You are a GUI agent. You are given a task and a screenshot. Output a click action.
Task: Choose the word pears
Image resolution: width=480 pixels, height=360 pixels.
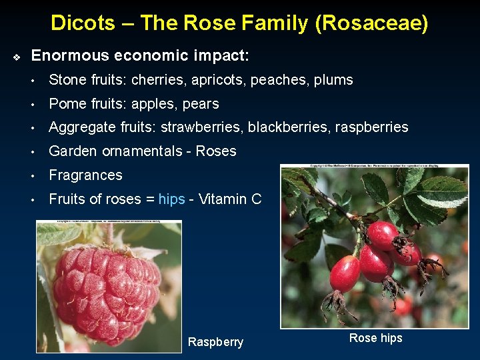[x=200, y=104]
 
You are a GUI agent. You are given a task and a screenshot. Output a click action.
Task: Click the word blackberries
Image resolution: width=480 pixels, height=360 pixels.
[x=284, y=127]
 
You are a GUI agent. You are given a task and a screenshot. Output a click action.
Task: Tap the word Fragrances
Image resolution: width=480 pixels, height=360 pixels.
[x=86, y=175]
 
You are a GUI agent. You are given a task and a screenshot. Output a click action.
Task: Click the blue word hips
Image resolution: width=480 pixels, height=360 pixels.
[x=171, y=199]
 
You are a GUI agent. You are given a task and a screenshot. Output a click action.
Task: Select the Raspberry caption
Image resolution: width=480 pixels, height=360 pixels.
[x=215, y=342]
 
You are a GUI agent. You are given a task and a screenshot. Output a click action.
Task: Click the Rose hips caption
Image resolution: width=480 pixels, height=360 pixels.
[x=375, y=338]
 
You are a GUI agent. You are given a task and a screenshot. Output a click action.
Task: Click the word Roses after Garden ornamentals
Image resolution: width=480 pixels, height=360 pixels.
[x=216, y=151]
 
